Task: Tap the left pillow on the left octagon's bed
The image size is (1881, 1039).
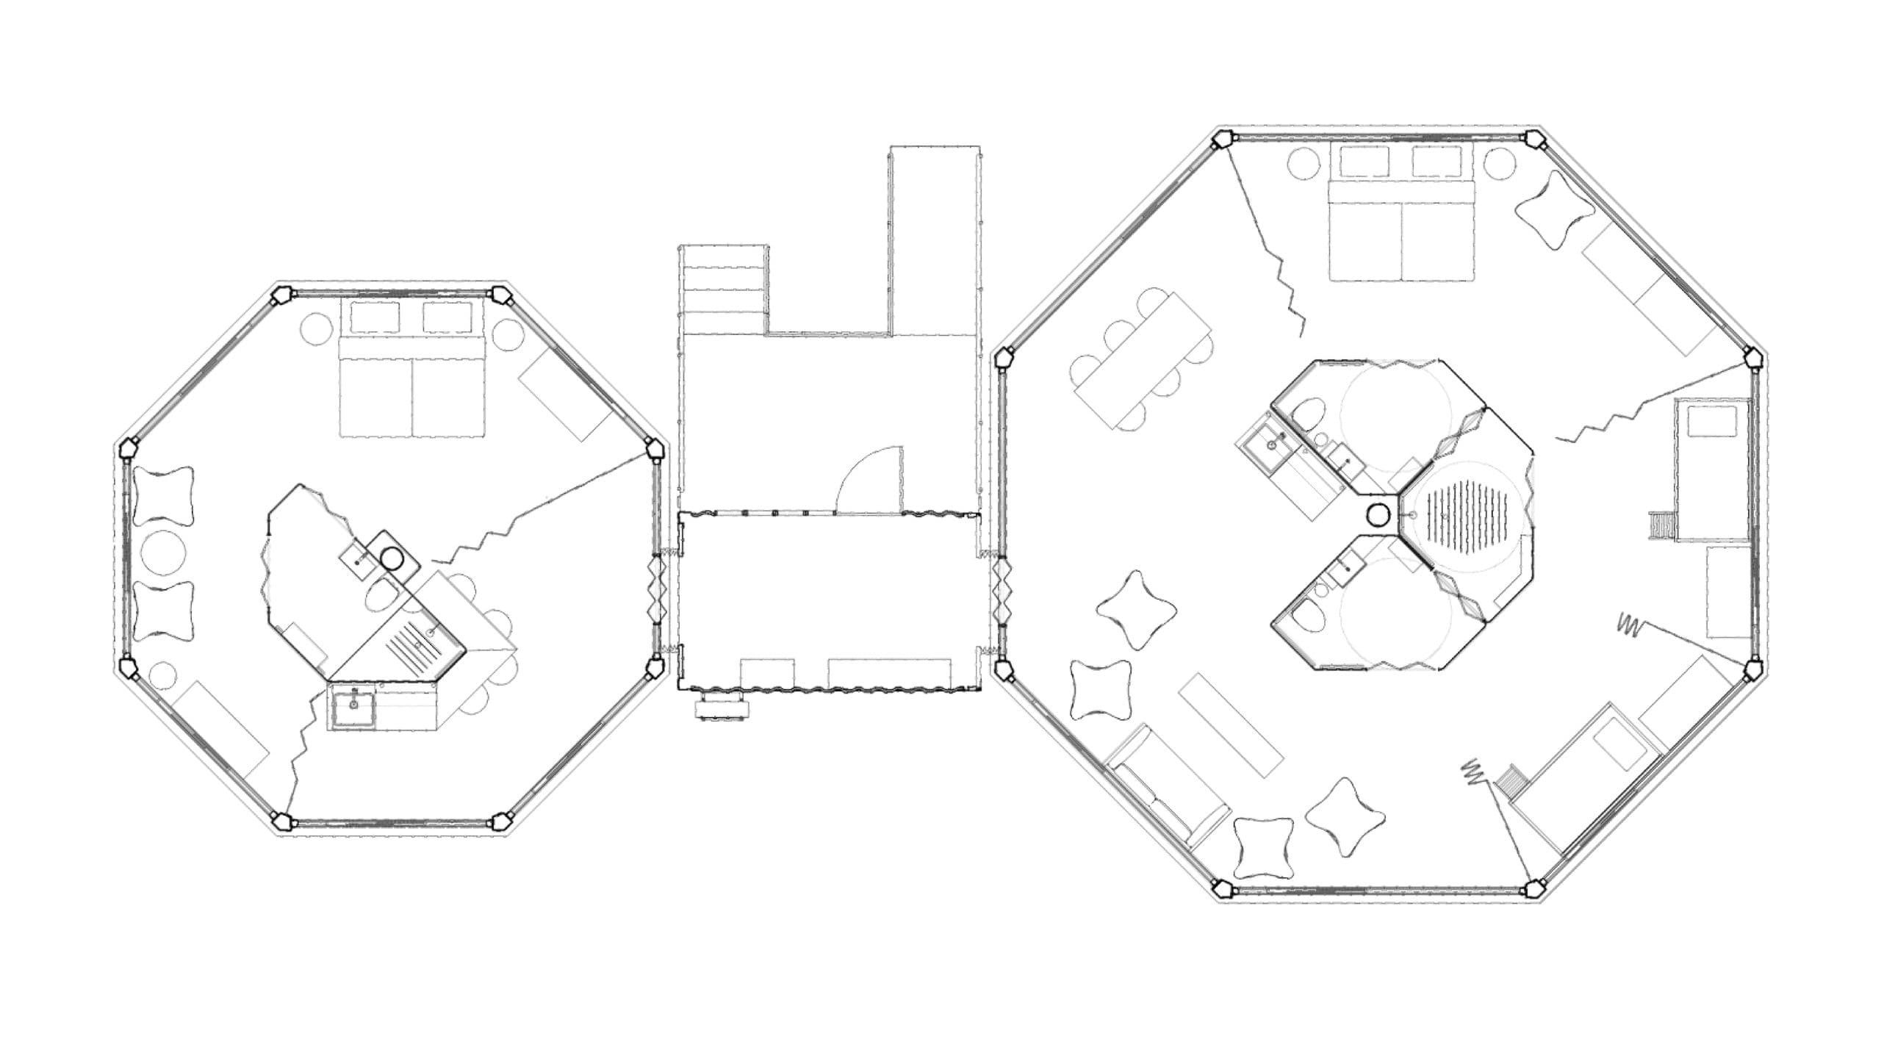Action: point(375,317)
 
